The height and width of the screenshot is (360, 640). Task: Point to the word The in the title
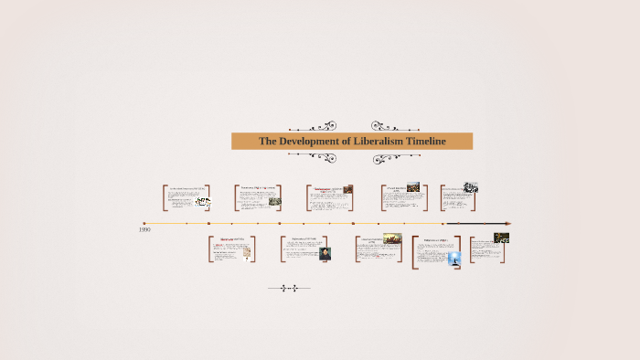tap(267, 142)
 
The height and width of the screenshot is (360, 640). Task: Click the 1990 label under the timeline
tap(144, 230)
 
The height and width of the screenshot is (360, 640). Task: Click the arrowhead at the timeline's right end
tap(507, 223)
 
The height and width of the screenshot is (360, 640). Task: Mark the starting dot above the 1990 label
tap(144, 223)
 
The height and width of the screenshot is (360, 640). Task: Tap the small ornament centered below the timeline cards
tap(288, 289)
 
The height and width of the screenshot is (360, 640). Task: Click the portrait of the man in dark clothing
tap(325, 253)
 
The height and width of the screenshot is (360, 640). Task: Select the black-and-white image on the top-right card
tap(470, 187)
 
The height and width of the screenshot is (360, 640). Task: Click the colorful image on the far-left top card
tap(202, 202)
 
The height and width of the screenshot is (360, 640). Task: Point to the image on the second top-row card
tap(274, 201)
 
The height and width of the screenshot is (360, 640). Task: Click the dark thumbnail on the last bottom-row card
tap(501, 238)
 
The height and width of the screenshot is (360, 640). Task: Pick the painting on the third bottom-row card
tap(392, 238)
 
